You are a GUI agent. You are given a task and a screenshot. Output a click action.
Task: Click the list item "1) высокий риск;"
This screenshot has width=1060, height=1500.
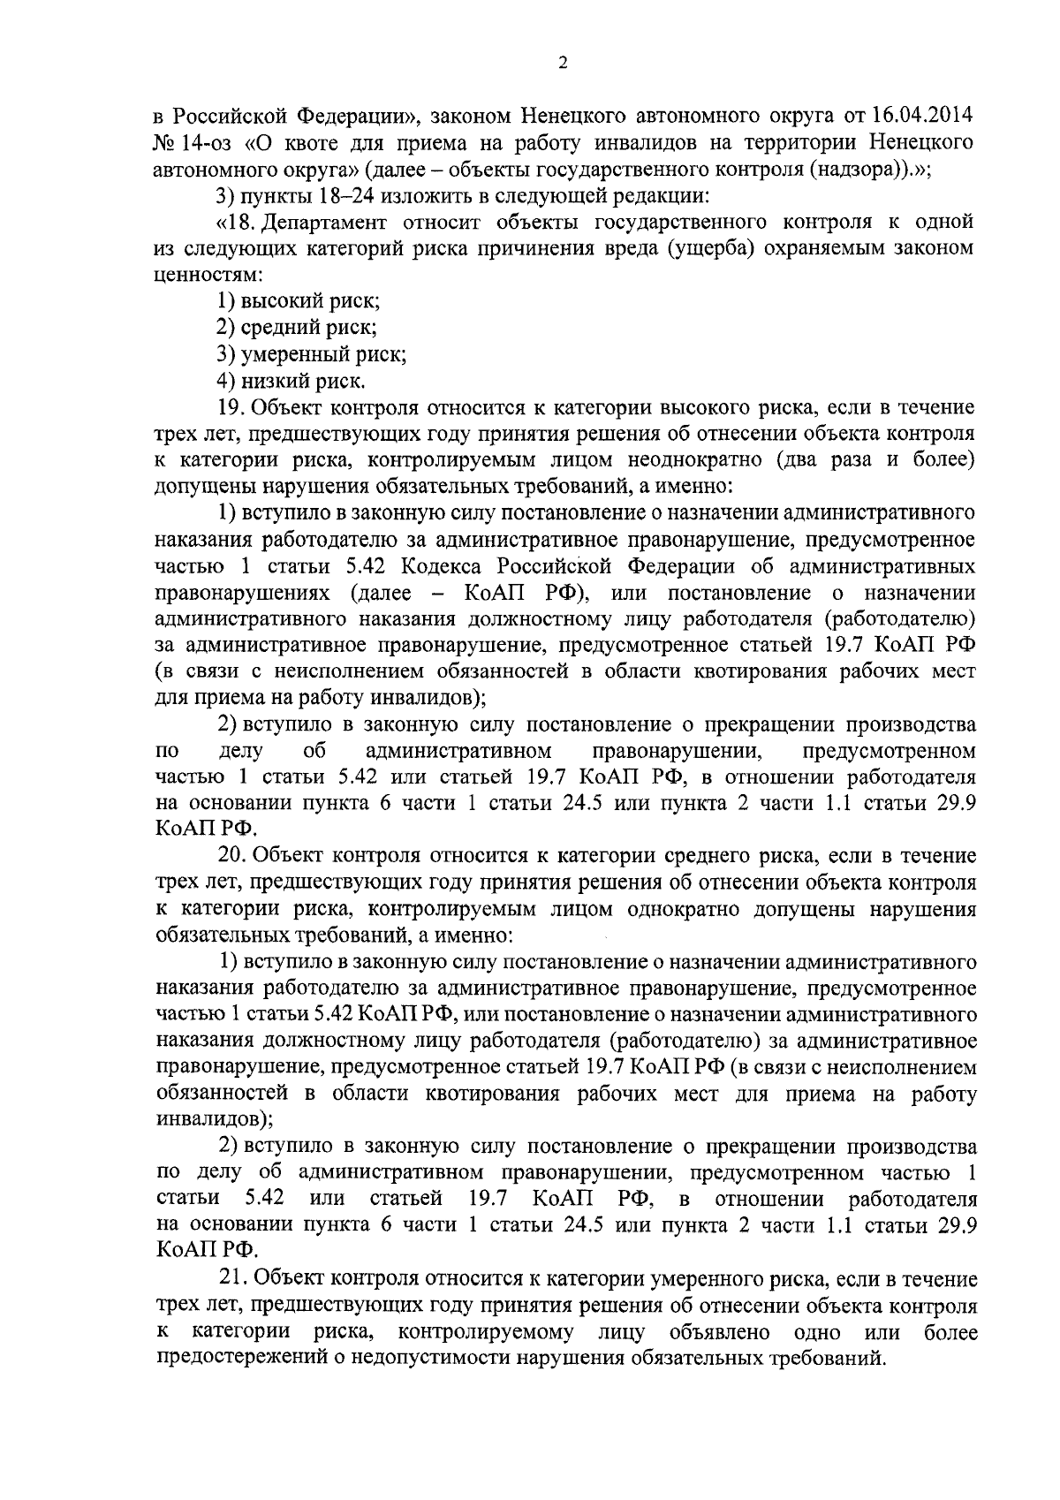299,301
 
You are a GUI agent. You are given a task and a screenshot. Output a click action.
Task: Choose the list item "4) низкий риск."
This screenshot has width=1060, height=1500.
291,381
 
